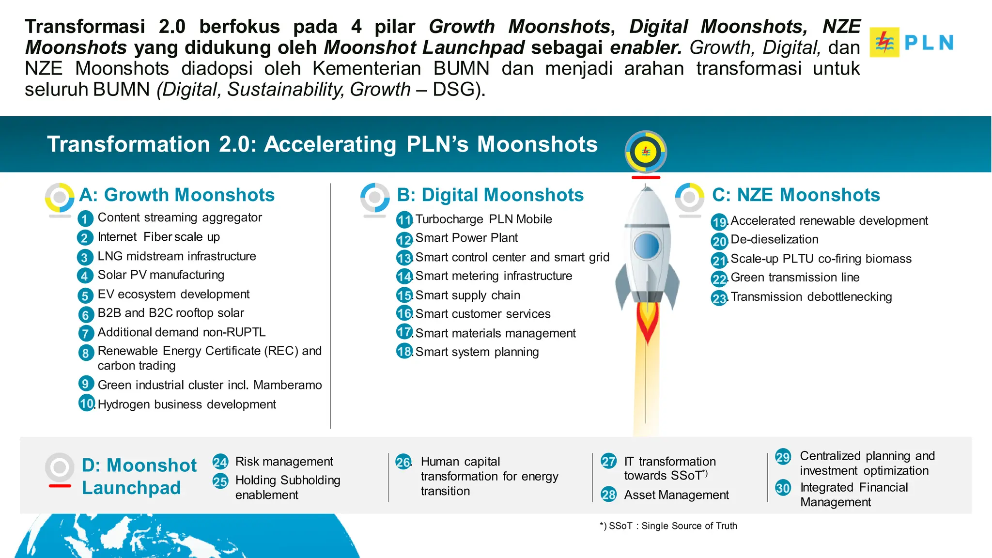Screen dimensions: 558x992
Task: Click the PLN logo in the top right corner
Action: (911, 43)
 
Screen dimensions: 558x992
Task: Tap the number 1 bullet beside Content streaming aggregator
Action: (85, 219)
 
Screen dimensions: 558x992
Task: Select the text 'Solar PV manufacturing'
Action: (161, 275)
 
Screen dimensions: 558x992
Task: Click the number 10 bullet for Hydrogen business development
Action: (87, 403)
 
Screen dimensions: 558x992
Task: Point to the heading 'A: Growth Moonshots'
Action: (177, 195)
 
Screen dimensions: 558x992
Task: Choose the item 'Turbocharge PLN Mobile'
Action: (483, 219)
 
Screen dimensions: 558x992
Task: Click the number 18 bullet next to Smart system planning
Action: (404, 351)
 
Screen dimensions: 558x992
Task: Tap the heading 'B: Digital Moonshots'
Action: (490, 195)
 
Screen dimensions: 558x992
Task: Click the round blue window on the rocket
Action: (647, 246)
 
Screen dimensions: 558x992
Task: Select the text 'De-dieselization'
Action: (774, 239)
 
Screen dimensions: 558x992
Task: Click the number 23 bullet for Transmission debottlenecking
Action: (719, 298)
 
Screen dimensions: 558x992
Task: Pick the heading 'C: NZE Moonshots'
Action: (796, 195)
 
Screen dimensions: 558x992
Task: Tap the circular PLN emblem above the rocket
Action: (646, 152)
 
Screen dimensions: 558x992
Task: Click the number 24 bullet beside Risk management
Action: (220, 462)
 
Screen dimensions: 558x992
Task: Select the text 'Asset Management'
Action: (676, 495)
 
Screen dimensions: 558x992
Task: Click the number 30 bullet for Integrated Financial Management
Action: (783, 488)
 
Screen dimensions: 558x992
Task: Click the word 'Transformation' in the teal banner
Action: (129, 144)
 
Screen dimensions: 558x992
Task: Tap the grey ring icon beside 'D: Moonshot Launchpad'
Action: (60, 467)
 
